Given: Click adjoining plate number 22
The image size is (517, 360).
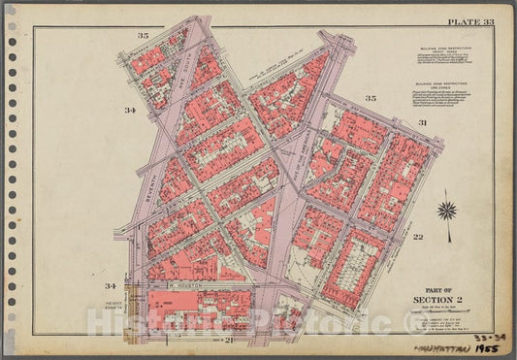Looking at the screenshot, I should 445,238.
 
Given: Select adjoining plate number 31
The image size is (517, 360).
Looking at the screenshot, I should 423,123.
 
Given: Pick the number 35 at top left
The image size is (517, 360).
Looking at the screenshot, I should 144,36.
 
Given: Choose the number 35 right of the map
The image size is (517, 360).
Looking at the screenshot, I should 370,99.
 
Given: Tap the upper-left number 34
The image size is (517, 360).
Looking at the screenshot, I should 129,111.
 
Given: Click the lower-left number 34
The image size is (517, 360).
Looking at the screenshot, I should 112,286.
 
